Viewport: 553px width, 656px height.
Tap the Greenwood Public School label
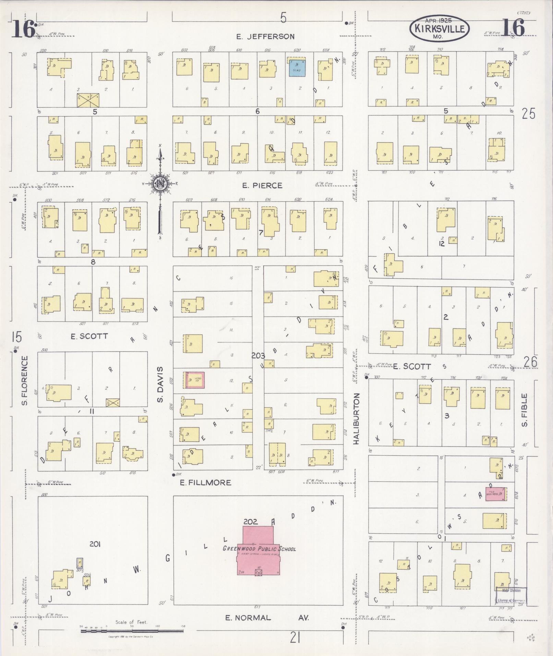pos(259,548)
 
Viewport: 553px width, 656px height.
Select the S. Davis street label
pos(161,384)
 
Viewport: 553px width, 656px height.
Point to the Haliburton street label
pos(356,419)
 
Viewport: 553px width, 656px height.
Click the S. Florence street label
pos(24,380)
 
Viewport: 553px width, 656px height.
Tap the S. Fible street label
pos(524,410)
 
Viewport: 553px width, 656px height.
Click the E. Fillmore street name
pos(206,482)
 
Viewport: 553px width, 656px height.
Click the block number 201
pos(95,544)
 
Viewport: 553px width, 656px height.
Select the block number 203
pos(258,356)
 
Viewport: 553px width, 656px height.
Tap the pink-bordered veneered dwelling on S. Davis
pos(194,380)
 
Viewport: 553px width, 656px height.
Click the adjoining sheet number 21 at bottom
pos(295,638)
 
